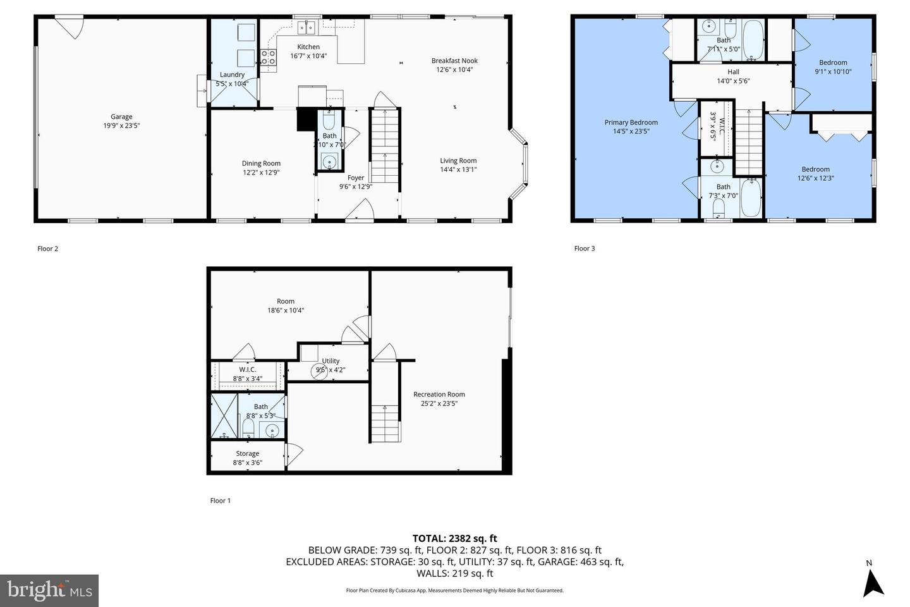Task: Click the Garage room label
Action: click(x=121, y=116)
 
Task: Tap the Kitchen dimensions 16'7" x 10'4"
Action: click(x=308, y=56)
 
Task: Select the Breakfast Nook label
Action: click(x=454, y=61)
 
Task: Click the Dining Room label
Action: click(x=261, y=163)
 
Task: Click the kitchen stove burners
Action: click(x=268, y=58)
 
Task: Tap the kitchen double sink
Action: click(x=307, y=27)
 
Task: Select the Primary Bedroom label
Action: click(x=631, y=123)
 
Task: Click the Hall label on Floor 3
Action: click(x=733, y=72)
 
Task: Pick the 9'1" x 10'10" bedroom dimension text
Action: click(x=833, y=71)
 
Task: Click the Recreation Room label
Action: click(x=439, y=394)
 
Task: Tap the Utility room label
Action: click(x=331, y=361)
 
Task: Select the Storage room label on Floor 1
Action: click(x=248, y=453)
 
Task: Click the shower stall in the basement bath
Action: click(x=224, y=416)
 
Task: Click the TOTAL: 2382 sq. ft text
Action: click(x=454, y=538)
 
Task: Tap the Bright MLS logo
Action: click(x=49, y=591)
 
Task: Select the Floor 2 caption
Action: click(x=47, y=248)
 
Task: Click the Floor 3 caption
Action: click(x=585, y=248)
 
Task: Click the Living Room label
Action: click(x=458, y=161)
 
